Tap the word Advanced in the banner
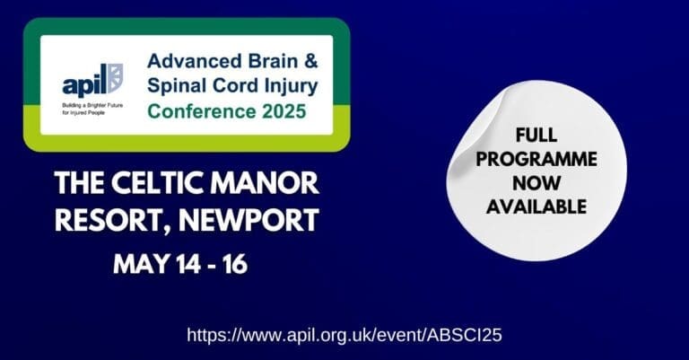187,65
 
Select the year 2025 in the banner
279,111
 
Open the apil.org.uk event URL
344,335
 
